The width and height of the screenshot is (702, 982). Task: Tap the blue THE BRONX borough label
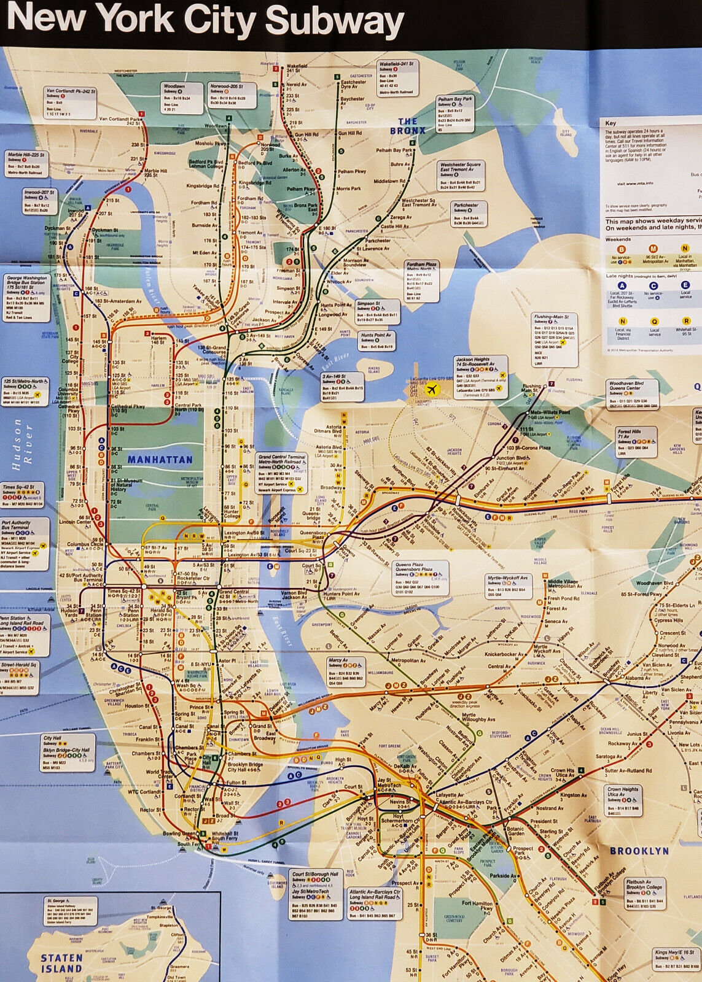click(408, 126)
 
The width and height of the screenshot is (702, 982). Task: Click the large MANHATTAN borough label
click(160, 458)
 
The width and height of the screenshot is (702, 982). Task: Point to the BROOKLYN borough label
click(639, 851)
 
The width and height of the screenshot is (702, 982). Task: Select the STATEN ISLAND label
click(61, 962)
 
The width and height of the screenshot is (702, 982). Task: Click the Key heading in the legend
click(610, 123)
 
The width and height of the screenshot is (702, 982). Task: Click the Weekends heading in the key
click(618, 239)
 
